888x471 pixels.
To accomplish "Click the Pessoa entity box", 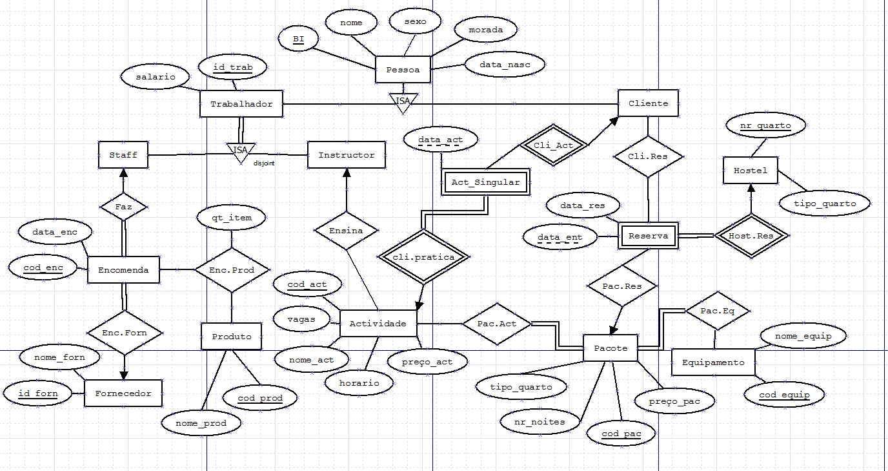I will [403, 69].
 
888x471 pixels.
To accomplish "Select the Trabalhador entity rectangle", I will [241, 103].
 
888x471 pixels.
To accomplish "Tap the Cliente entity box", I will [648, 103].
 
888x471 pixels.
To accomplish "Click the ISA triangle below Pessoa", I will [403, 101].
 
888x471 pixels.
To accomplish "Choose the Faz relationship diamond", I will [123, 207].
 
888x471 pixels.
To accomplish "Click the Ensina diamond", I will [347, 231].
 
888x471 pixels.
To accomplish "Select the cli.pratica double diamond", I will [422, 256].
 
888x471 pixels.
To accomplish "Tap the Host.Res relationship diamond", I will [750, 236].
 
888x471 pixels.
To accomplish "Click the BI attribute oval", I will [298, 39].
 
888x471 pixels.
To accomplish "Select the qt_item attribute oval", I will [231, 218].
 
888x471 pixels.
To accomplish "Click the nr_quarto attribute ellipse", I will [765, 126].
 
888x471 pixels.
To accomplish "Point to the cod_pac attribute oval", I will [620, 433].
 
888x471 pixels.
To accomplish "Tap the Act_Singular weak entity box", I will [485, 182].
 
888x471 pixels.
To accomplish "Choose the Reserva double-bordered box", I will [647, 236].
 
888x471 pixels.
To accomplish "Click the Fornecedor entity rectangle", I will [123, 393].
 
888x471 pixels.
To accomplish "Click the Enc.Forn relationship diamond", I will [125, 333].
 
